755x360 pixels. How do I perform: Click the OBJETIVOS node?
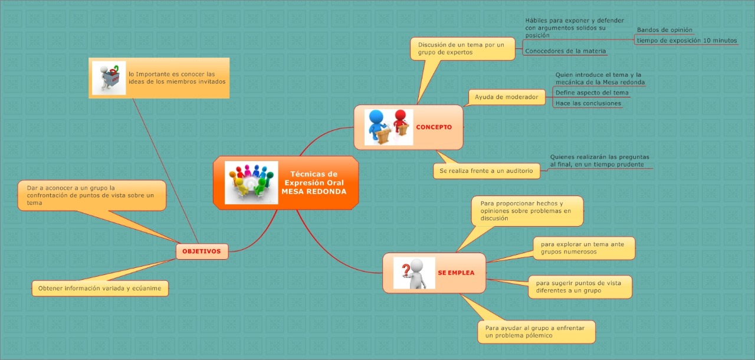[202, 251]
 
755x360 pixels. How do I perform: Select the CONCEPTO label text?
[434, 127]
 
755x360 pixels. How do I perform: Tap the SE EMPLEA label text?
[456, 273]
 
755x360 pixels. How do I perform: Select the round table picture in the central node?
[251, 183]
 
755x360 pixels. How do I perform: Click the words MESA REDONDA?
[314, 191]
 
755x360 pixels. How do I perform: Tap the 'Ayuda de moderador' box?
[506, 97]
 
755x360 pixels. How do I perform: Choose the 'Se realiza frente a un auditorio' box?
[486, 171]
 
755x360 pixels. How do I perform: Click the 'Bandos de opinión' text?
[664, 30]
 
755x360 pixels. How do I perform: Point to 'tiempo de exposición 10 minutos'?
[687, 41]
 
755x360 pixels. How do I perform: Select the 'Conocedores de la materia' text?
[565, 51]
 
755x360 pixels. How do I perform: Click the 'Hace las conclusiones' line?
[588, 103]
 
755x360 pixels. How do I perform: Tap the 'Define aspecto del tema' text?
[592, 93]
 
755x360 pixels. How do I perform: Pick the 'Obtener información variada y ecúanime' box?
[100, 288]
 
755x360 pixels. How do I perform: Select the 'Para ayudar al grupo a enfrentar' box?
[536, 332]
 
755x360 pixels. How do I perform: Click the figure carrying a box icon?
[109, 78]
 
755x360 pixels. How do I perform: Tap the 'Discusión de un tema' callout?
[462, 48]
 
